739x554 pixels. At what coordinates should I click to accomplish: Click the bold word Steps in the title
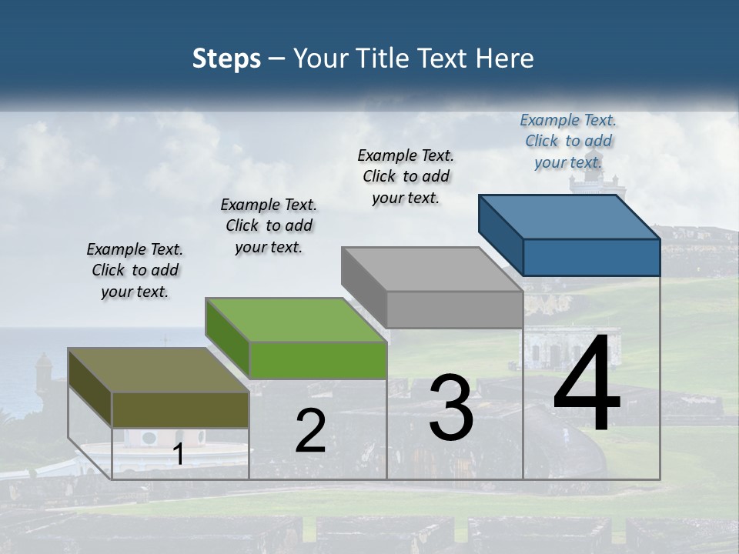(226, 58)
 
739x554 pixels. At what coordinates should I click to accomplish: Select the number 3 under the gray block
(451, 407)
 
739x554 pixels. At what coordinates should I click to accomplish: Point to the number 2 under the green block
(310, 431)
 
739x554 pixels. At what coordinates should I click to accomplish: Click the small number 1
(179, 455)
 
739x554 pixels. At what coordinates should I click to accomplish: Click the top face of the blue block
(570, 216)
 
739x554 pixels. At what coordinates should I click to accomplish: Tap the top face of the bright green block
(296, 319)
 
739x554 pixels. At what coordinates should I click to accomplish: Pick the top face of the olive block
(159, 369)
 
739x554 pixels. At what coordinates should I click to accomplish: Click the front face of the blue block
(591, 257)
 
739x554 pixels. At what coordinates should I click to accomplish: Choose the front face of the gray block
(454, 309)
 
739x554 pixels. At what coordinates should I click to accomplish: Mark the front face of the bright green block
(318, 360)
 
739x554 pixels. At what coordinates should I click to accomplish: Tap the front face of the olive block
(180, 409)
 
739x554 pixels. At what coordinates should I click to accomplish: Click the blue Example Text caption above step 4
(568, 141)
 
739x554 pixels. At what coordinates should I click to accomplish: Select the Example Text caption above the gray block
(406, 176)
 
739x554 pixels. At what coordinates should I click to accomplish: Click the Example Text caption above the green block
(269, 225)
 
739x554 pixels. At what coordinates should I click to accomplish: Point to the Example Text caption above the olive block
(135, 270)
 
